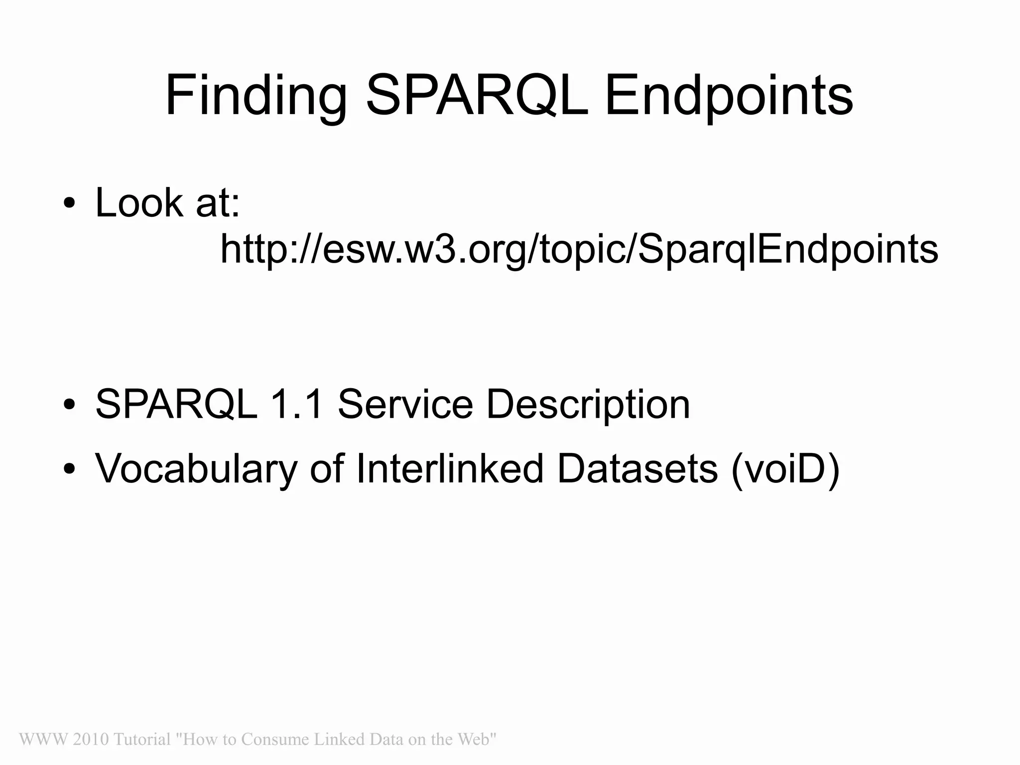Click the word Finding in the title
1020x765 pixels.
(255, 96)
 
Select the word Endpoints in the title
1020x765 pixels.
(729, 96)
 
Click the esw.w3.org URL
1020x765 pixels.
(579, 249)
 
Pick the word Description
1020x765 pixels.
(588, 405)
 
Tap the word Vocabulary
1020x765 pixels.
(196, 469)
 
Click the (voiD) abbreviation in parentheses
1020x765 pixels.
(785, 469)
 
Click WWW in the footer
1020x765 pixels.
(43, 739)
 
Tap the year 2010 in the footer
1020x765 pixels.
(91, 739)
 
